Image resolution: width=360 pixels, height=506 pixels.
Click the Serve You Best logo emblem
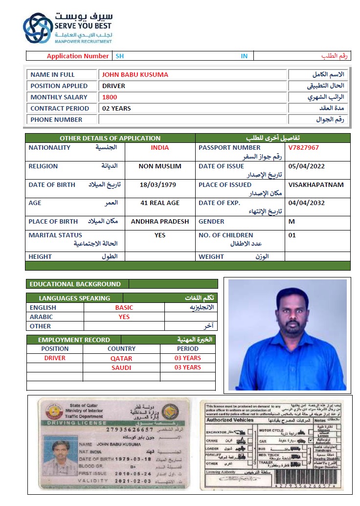tap(38, 28)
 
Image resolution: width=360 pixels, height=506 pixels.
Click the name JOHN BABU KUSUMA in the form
tap(135, 75)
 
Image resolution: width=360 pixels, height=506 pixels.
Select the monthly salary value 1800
tap(110, 97)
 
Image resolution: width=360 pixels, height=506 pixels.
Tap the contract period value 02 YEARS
tap(116, 108)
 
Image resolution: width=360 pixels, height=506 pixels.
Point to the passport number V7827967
tap(303, 147)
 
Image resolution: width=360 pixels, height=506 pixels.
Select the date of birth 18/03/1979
tap(157, 184)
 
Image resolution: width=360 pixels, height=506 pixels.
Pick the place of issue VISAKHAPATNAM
tap(315, 184)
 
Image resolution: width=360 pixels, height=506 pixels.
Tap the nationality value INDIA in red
tap(159, 147)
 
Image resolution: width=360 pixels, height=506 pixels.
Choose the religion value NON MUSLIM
tap(159, 166)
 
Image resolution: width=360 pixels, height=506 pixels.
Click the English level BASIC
tap(124, 307)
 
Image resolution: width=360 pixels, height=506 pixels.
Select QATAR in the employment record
tap(121, 358)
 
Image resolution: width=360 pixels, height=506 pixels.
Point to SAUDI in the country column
tap(121, 368)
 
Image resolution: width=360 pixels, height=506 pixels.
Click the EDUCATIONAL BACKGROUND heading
tap(75, 284)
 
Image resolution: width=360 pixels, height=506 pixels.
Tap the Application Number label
tap(78, 56)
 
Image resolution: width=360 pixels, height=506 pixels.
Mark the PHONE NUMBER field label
tap(56, 119)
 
